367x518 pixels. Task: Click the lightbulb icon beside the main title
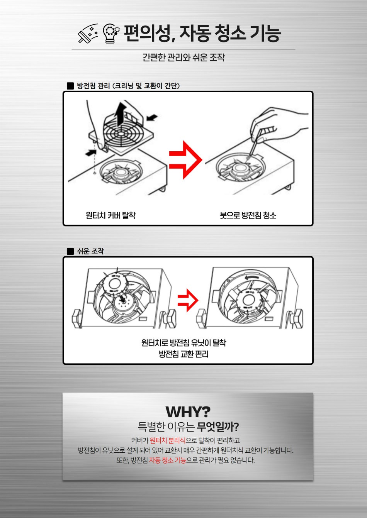point(111,34)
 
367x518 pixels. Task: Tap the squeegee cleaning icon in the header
point(88,34)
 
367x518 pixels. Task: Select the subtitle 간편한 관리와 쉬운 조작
point(183,58)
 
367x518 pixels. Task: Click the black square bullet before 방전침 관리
point(70,86)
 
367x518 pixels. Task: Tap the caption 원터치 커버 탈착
point(110,215)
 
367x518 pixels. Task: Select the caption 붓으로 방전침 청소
point(248,215)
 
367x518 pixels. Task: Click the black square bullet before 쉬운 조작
point(70,251)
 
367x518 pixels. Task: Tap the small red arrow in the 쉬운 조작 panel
point(188,300)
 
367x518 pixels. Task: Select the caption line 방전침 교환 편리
point(184,354)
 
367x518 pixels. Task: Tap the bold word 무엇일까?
point(217,427)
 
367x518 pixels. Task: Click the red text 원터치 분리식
point(168,440)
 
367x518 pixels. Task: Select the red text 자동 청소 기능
point(168,460)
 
